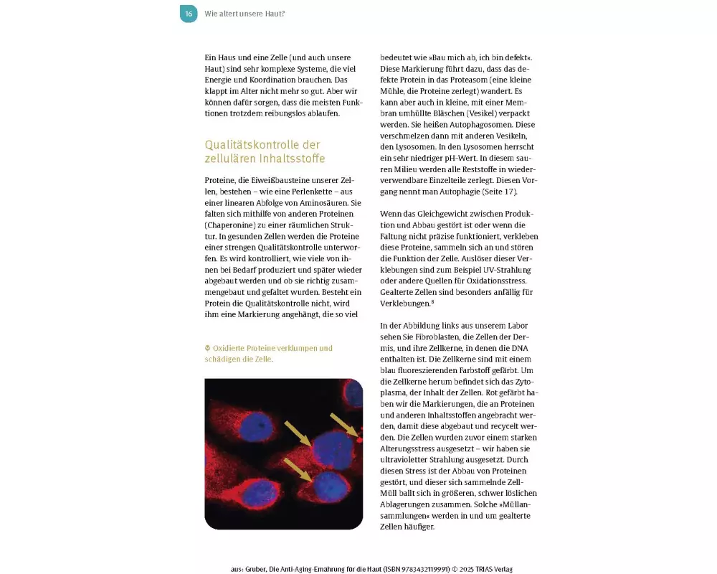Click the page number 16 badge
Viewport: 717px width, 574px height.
[x=188, y=14]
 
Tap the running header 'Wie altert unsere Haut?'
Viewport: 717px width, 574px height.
[x=244, y=14]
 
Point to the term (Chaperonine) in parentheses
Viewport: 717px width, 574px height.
[x=228, y=225]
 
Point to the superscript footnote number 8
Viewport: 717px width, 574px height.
[x=433, y=301]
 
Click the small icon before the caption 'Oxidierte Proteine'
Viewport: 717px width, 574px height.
[x=207, y=348]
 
